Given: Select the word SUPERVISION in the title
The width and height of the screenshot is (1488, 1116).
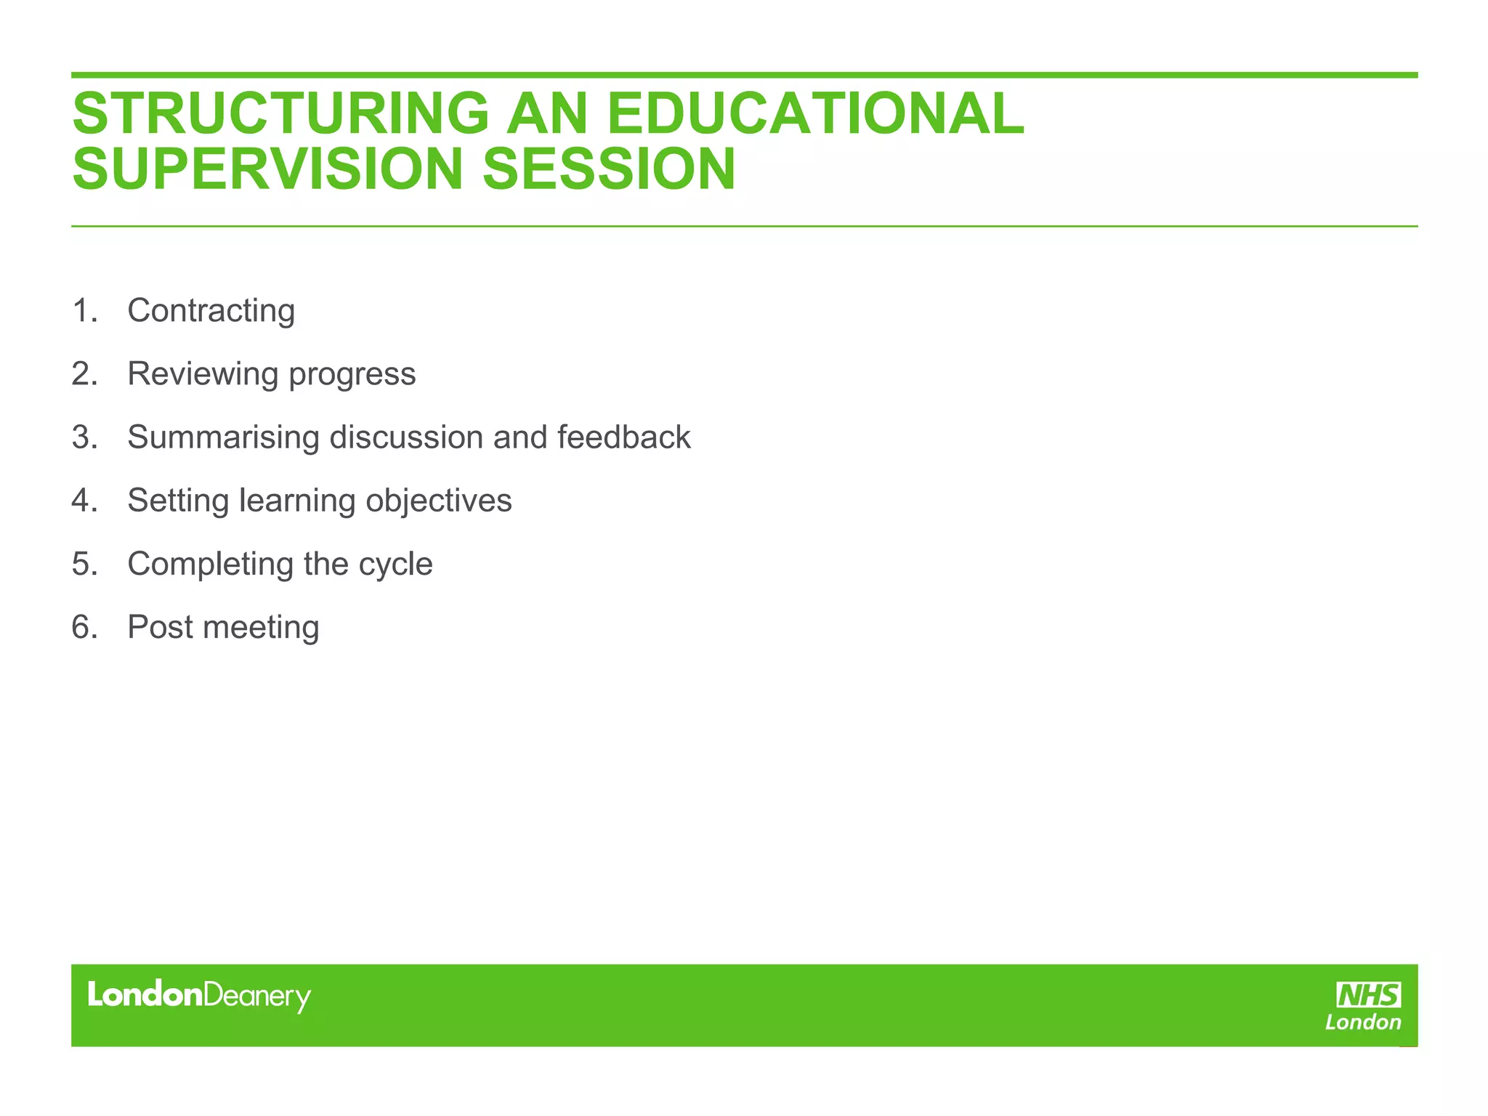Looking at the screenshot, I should [267, 169].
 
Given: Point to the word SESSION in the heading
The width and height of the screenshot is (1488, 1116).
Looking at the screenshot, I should [609, 169].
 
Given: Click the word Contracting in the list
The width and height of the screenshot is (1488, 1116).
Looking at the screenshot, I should [211, 311].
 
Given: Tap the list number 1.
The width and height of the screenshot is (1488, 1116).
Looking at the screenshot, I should [84, 311].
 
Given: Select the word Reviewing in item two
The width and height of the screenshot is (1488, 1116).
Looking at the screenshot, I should [203, 374].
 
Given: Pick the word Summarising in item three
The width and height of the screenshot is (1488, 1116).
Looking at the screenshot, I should [223, 437].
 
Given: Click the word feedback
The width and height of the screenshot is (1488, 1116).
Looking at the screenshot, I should [623, 437].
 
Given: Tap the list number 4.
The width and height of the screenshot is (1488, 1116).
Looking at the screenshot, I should [84, 501].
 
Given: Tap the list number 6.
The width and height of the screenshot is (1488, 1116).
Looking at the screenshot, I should [84, 627].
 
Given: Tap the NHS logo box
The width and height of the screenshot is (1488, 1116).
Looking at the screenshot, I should [1369, 995].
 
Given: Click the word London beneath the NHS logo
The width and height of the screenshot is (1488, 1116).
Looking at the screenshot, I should [1362, 1022].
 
